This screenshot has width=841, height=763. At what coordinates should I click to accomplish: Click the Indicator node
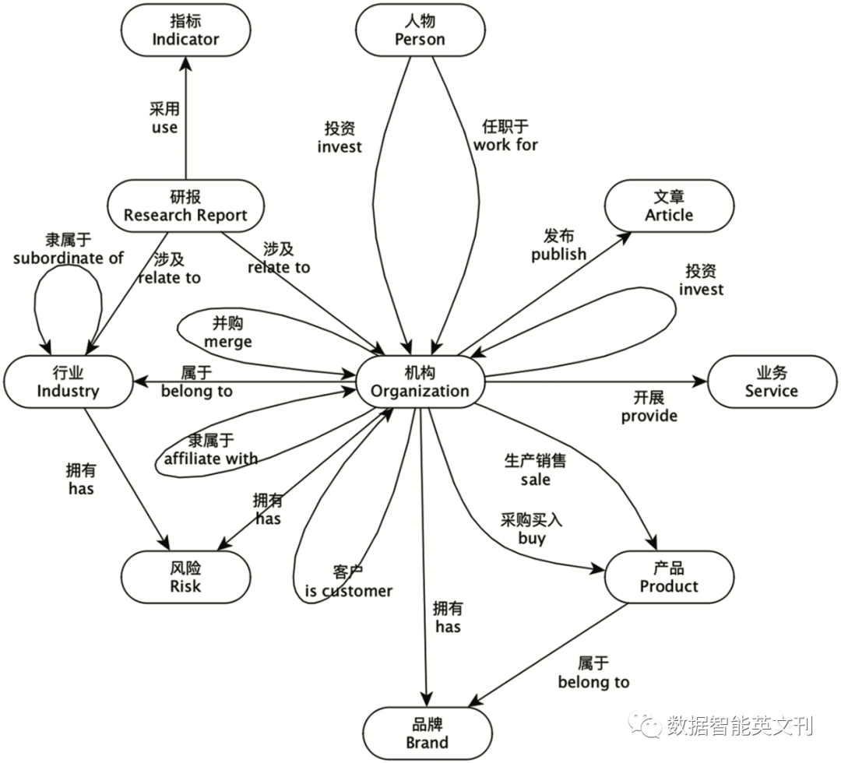pyautogui.click(x=185, y=30)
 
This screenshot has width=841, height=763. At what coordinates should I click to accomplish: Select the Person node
pyautogui.click(x=420, y=30)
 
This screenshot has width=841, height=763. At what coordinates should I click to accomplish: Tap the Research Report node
pyautogui.click(x=185, y=206)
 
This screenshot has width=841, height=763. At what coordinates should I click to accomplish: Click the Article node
pyautogui.click(x=669, y=206)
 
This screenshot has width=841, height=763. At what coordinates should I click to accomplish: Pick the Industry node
pyautogui.click(x=68, y=381)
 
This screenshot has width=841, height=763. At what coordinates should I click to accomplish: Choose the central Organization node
pyautogui.click(x=420, y=381)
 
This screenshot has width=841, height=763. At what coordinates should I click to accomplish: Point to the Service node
pyautogui.click(x=771, y=381)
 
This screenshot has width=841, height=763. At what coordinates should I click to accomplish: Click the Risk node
pyautogui.click(x=185, y=577)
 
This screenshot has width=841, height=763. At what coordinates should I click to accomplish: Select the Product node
pyautogui.click(x=669, y=577)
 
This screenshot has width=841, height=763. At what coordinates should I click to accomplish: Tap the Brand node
pyautogui.click(x=427, y=733)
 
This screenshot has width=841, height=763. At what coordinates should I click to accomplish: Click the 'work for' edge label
pyautogui.click(x=505, y=144)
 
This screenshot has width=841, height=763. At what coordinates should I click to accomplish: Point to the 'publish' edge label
pyautogui.click(x=558, y=254)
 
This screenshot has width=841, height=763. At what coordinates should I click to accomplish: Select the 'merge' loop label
pyautogui.click(x=228, y=342)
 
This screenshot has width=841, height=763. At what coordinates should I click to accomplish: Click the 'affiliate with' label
pyautogui.click(x=210, y=459)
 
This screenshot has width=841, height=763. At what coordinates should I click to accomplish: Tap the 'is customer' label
pyautogui.click(x=348, y=591)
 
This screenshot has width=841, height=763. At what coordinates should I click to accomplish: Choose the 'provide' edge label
pyautogui.click(x=649, y=416)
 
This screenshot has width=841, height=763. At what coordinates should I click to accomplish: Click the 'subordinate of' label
pyautogui.click(x=69, y=258)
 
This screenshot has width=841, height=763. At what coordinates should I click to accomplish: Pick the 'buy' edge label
pyautogui.click(x=532, y=538)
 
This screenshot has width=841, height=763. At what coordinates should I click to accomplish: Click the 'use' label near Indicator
pyautogui.click(x=164, y=127)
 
